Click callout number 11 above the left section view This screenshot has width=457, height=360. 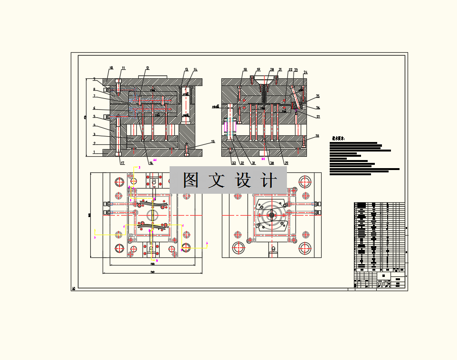tap(124, 68)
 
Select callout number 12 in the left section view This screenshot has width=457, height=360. tap(148, 68)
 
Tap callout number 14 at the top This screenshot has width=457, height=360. tap(195, 70)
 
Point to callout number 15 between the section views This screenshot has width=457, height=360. tap(213, 142)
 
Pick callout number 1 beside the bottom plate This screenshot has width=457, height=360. tap(94, 152)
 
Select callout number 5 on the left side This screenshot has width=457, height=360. tap(94, 116)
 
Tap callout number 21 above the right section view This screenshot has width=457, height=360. tap(280, 70)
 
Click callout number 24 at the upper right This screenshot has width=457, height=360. tap(305, 73)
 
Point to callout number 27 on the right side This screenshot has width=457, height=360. tap(318, 116)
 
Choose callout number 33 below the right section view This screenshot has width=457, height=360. tap(234, 163)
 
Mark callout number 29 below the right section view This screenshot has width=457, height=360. tap(286, 163)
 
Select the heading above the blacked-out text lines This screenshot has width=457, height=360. tap(338, 139)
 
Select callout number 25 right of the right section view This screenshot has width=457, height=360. tap(318, 96)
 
